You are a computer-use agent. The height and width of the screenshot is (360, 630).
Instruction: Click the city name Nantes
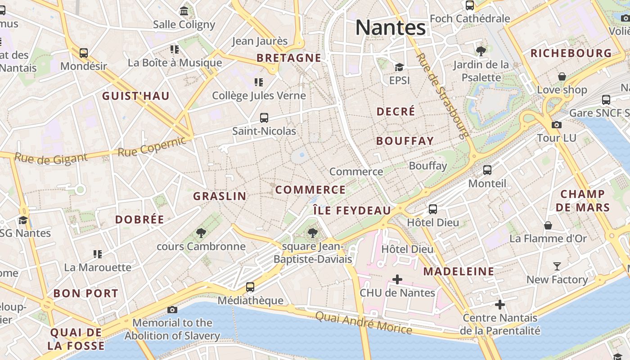(390, 27)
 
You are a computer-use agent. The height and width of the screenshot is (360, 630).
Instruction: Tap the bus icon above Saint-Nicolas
(264, 118)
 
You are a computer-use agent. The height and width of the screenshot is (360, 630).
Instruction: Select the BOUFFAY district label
(405, 141)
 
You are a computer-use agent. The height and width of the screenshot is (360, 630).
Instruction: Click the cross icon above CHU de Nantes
(397, 280)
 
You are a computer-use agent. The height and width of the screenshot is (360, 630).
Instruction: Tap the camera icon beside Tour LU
(557, 125)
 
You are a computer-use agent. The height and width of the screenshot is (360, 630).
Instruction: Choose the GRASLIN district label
(220, 196)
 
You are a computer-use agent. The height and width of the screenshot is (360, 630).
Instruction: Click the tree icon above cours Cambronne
(201, 233)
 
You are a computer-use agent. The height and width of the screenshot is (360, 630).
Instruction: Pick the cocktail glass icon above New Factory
(557, 266)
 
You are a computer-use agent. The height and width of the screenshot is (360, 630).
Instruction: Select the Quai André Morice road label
(363, 323)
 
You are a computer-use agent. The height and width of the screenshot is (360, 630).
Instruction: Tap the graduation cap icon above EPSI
(399, 67)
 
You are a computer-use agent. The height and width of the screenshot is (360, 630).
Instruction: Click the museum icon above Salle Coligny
(184, 11)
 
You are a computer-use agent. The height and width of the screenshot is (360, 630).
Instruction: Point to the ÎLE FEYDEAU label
(352, 211)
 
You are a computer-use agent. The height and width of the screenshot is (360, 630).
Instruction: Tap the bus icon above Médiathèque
(250, 287)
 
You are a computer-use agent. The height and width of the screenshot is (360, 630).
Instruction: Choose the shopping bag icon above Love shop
(562, 76)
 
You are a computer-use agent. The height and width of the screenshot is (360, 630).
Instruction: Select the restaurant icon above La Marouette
(98, 254)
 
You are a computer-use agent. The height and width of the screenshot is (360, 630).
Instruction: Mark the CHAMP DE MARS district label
(582, 201)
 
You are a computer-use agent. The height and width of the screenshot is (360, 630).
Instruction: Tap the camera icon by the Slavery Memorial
(172, 310)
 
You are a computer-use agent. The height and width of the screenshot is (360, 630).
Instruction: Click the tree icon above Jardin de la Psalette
(481, 51)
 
